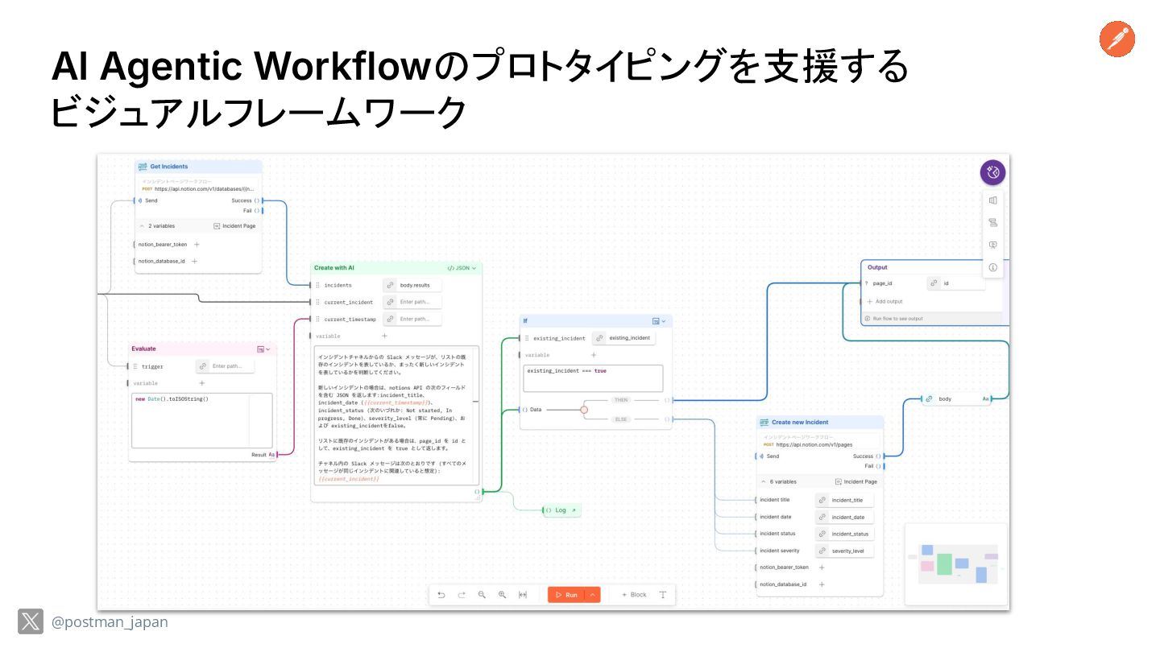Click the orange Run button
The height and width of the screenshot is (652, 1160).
(x=565, y=595)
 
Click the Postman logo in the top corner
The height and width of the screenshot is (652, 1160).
(x=1116, y=39)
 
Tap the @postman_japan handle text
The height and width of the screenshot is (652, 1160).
(x=110, y=622)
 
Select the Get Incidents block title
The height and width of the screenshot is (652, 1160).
(x=168, y=167)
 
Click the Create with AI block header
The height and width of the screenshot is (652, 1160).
(x=334, y=267)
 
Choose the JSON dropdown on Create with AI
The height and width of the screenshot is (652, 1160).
(x=462, y=268)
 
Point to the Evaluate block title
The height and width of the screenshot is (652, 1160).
(x=144, y=349)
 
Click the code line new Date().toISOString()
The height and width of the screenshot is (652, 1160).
(x=172, y=399)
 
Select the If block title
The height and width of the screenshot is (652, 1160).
(x=525, y=320)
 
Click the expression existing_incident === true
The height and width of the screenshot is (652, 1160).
(x=566, y=371)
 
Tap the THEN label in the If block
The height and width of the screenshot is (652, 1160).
(x=620, y=400)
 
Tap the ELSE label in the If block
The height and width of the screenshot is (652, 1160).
(x=621, y=419)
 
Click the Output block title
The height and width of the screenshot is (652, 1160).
(x=877, y=267)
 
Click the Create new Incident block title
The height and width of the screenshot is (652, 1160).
(x=799, y=422)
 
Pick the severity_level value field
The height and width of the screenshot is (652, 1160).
(x=847, y=551)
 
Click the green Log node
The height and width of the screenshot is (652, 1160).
(x=561, y=510)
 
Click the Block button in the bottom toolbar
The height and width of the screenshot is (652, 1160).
(x=634, y=595)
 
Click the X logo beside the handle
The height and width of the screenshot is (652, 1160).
(x=31, y=621)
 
